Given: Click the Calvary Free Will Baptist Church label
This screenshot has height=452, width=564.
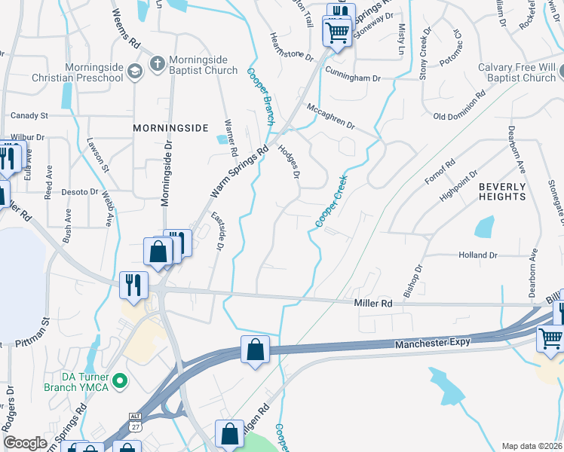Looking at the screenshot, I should tap(516, 72).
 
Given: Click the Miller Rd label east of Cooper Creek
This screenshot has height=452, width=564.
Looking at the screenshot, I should tap(374, 303).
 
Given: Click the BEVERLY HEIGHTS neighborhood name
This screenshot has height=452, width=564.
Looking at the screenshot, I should tap(502, 191).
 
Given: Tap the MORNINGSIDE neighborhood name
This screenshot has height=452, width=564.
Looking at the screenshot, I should tap(170, 128).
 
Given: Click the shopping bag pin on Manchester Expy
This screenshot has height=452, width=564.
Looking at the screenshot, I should tap(255, 350).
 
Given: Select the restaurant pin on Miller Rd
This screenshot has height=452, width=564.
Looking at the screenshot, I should tap(133, 285).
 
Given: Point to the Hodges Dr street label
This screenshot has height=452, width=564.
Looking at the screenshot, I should tap(290, 160).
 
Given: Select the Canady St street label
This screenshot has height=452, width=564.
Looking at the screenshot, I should tap(29, 116).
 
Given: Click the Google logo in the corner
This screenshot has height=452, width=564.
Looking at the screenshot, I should tap(26, 443).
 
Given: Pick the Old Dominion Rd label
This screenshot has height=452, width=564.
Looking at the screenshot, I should tap(459, 108).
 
